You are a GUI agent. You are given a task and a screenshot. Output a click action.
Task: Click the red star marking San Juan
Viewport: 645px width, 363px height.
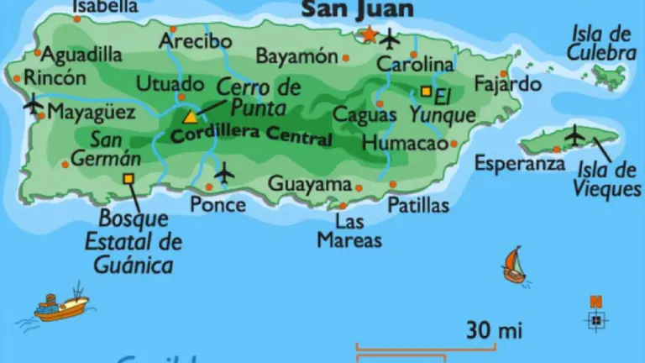click(369, 34)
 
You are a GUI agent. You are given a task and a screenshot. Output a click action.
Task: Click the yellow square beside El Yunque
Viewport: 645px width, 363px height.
click(426, 91)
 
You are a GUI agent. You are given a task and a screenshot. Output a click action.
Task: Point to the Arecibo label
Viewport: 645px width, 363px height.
click(195, 40)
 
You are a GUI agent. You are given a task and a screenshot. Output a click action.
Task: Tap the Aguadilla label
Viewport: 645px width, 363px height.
click(81, 55)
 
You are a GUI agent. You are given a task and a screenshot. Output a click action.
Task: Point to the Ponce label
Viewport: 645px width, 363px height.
click(218, 204)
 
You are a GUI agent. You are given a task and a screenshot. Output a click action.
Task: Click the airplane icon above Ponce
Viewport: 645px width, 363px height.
click(224, 173)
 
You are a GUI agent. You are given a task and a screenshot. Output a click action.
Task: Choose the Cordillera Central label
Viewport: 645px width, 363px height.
click(251, 134)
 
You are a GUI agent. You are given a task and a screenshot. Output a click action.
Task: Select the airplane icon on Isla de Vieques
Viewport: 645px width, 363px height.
click(575, 134)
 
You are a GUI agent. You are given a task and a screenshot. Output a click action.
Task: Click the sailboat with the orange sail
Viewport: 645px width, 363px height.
click(513, 266)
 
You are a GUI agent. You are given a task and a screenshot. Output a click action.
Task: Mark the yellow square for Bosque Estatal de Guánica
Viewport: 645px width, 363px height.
click(128, 177)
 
